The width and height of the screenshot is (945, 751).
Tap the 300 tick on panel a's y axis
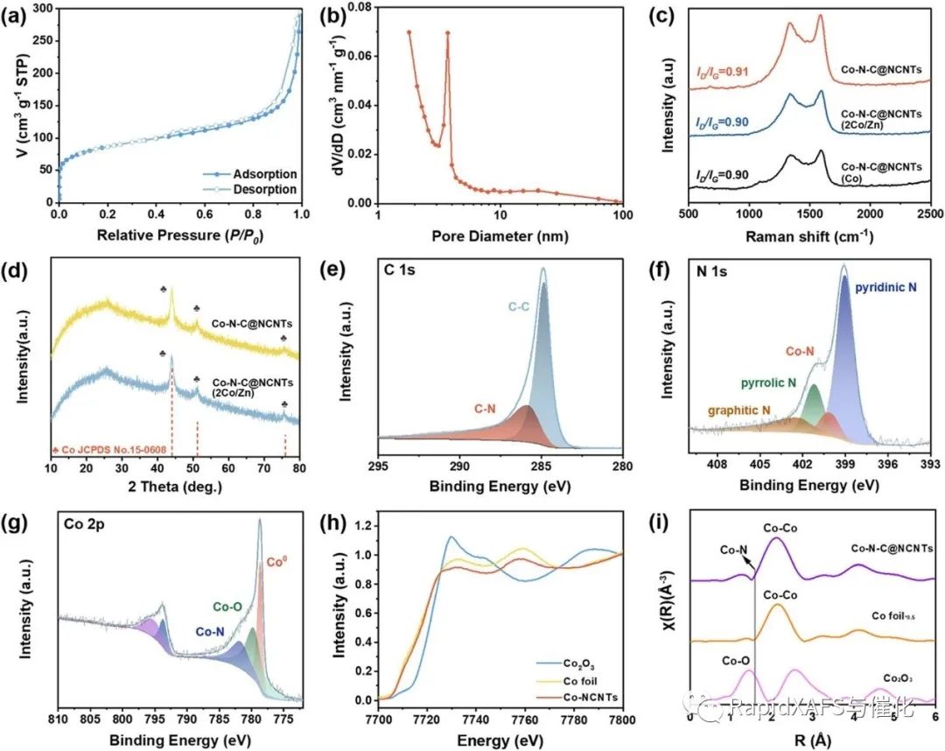[39, 9]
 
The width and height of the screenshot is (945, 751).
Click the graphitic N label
[730, 410]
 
